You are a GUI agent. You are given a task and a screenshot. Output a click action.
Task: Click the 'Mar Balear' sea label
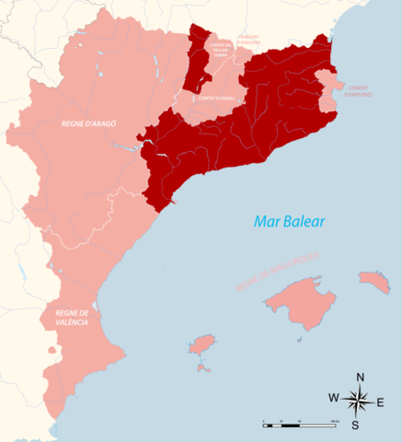tap(284, 222)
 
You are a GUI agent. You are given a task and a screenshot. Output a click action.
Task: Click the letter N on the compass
tap(360, 378)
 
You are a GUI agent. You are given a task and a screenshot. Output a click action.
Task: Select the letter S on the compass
tap(360, 425)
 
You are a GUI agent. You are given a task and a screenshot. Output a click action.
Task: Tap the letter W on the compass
tap(334, 399)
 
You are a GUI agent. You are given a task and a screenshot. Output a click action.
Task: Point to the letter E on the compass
tap(382, 401)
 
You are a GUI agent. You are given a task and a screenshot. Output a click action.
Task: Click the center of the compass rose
tap(359, 400)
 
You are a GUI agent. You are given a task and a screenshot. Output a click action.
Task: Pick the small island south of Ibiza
tap(201, 367)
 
